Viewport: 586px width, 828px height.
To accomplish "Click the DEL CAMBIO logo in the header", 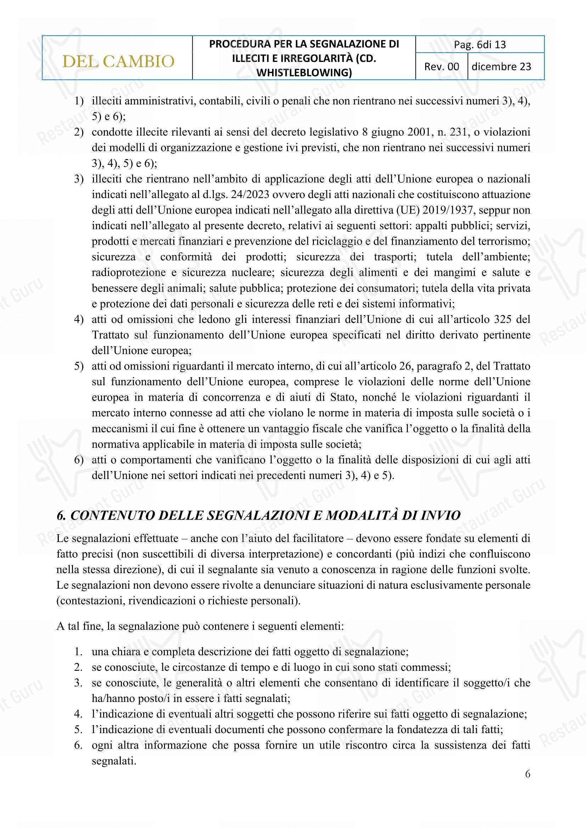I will click(x=118, y=61).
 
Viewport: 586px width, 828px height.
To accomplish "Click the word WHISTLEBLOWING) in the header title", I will click(x=304, y=73).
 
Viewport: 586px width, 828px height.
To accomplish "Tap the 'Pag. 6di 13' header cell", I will click(x=480, y=45).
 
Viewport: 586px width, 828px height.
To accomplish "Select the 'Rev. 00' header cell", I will click(x=442, y=67).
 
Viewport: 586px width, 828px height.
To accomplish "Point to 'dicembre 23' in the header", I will click(x=501, y=67).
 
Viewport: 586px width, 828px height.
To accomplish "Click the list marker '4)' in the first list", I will click(x=79, y=320).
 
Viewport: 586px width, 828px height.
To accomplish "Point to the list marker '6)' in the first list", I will click(x=79, y=460).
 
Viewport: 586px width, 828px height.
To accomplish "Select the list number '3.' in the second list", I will click(x=78, y=683).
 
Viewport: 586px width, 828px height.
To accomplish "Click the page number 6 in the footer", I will click(x=528, y=774).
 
